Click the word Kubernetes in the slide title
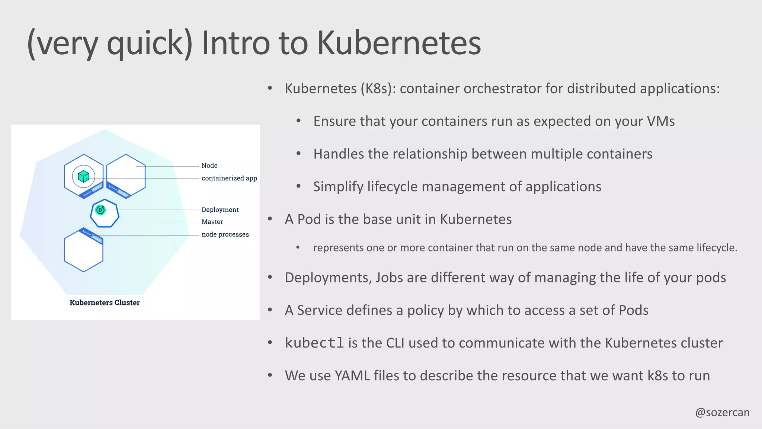pyautogui.click(x=399, y=43)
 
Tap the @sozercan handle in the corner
pyautogui.click(x=722, y=412)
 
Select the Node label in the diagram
pyautogui.click(x=209, y=166)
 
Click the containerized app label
pyautogui.click(x=229, y=178)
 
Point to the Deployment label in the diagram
pyautogui.click(x=220, y=210)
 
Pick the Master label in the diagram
pyautogui.click(x=212, y=222)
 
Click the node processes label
pyautogui.click(x=225, y=234)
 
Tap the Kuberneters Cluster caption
pyautogui.click(x=105, y=302)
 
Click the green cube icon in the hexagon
pyautogui.click(x=84, y=176)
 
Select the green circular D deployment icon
pyautogui.click(x=100, y=210)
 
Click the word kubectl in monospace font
pyautogui.click(x=314, y=343)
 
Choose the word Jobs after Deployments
pyautogui.click(x=389, y=278)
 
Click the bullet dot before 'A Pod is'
pyautogui.click(x=270, y=219)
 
